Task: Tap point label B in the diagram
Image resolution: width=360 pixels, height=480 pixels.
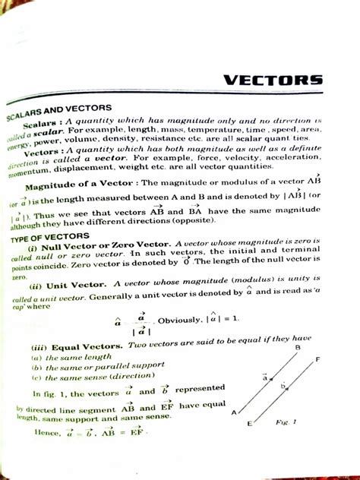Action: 298,348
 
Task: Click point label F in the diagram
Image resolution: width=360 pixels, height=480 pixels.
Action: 317,359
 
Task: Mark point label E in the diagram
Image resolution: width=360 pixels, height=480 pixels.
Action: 249,426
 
